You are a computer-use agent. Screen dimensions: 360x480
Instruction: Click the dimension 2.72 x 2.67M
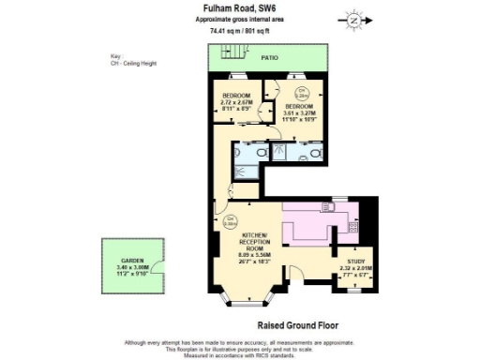(236, 104)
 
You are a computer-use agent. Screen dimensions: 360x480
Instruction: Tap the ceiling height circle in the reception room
(230, 221)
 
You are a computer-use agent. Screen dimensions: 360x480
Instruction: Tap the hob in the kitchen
(352, 225)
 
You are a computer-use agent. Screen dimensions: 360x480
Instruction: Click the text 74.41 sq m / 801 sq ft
(239, 29)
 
